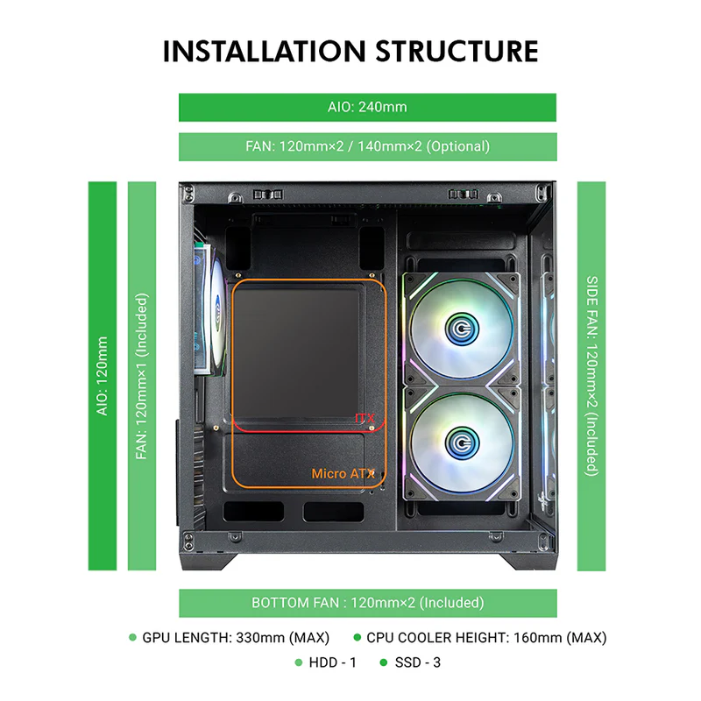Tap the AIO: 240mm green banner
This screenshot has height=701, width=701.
coord(367,107)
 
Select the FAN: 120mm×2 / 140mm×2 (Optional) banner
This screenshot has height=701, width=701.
coord(367,146)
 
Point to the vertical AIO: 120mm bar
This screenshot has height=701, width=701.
coord(103,376)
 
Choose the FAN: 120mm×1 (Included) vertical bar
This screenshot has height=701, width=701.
coord(142,376)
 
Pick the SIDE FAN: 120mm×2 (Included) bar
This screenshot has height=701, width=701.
coord(591,376)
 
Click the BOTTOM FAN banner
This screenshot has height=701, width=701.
coord(367,603)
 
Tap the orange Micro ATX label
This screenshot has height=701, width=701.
coord(343,474)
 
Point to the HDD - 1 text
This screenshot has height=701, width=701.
coord(332,662)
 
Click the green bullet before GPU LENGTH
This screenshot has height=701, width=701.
coord(132,638)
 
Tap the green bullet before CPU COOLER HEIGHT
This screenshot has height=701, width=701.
coord(357,638)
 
